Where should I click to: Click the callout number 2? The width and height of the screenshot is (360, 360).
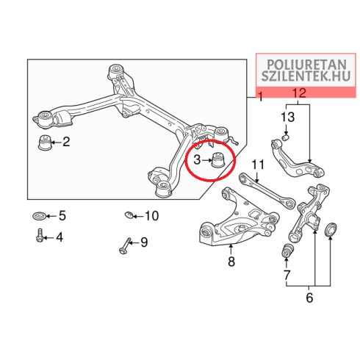coord(66,142)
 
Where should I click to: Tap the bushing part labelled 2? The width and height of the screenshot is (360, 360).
coord(45,143)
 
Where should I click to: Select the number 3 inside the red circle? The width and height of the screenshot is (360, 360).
coord(197,159)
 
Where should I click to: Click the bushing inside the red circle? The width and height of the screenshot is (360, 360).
coord(217,160)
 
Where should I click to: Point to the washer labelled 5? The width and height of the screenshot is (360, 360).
coord(39,216)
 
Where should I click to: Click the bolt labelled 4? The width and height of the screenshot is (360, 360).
coord(40,235)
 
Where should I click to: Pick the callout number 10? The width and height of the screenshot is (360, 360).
coord(152,216)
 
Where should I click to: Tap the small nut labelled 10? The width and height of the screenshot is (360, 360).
coord(129,215)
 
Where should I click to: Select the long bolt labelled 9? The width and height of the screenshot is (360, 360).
coord(125,245)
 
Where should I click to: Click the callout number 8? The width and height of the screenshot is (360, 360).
coord(231,262)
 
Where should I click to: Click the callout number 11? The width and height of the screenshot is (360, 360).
coord(258,165)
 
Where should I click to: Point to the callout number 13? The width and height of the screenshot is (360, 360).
coord(287,117)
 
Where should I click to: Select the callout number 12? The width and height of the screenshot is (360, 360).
coord(300,93)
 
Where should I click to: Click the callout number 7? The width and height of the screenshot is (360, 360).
coord(287,275)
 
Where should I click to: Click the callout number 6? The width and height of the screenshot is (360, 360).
coord(309,298)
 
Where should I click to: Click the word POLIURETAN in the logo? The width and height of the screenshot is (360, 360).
coord(306,65)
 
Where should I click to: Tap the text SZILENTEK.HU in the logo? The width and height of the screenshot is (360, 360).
coord(306,76)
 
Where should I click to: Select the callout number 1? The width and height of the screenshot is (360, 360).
coord(261,96)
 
